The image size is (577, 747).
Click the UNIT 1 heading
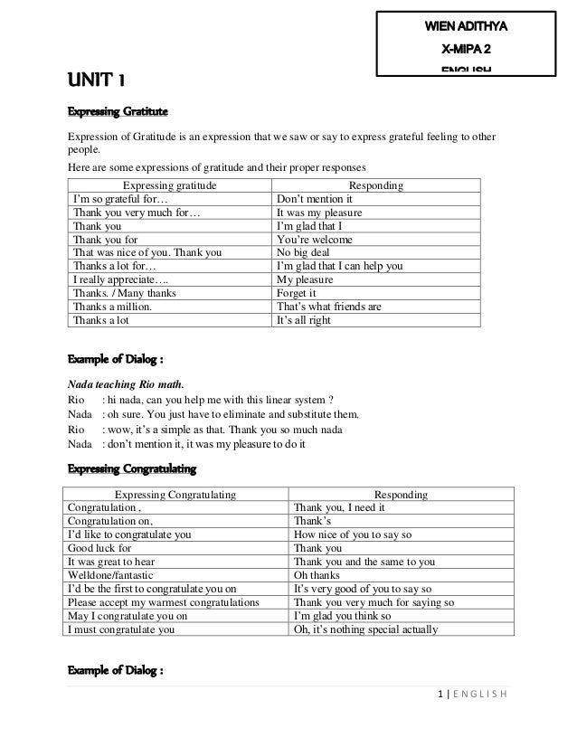94,85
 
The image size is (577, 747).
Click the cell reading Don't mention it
314,199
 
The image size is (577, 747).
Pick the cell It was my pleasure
320,213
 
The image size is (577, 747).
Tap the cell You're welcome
314,240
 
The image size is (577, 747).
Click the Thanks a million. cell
112,307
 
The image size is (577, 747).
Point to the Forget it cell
296,293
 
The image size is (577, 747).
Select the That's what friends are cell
329,307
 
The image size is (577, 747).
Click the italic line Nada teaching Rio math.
126,383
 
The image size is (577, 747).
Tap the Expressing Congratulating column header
176,495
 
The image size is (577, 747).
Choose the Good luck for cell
100,548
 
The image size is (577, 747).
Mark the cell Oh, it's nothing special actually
366,629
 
